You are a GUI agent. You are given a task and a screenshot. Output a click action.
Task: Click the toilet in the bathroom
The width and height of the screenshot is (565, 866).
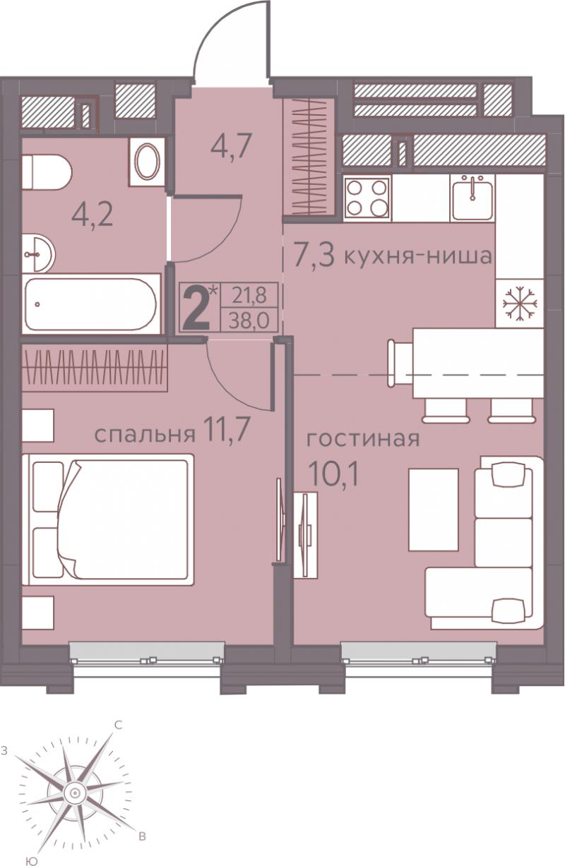(x=47, y=172)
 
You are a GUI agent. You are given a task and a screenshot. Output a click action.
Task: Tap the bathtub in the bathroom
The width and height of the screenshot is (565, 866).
(x=91, y=304)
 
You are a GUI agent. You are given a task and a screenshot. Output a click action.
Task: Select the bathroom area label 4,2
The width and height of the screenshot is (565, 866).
(x=93, y=215)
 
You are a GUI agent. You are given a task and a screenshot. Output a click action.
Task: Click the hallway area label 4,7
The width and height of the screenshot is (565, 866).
(x=232, y=146)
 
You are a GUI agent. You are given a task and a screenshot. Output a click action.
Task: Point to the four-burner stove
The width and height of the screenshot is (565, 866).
(x=367, y=198)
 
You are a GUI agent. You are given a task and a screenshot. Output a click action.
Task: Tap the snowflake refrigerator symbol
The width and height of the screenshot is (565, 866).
(x=520, y=303)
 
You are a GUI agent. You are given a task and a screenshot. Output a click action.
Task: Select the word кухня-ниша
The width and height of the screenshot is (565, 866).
(x=418, y=255)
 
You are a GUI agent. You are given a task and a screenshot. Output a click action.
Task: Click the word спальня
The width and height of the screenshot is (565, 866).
(x=145, y=435)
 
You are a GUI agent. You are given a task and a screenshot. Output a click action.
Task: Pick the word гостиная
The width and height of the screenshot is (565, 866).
(x=363, y=439)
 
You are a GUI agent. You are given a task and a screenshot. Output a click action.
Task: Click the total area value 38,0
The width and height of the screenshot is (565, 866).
(x=249, y=320)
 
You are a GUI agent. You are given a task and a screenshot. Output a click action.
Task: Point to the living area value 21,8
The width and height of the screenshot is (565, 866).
(x=249, y=296)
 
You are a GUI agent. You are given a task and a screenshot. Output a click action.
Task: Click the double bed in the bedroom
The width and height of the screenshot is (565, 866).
(x=107, y=519)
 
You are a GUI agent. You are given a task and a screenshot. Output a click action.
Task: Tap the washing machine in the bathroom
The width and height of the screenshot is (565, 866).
(x=148, y=162)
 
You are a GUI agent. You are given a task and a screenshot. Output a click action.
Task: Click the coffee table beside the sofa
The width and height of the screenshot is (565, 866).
(x=434, y=510)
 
